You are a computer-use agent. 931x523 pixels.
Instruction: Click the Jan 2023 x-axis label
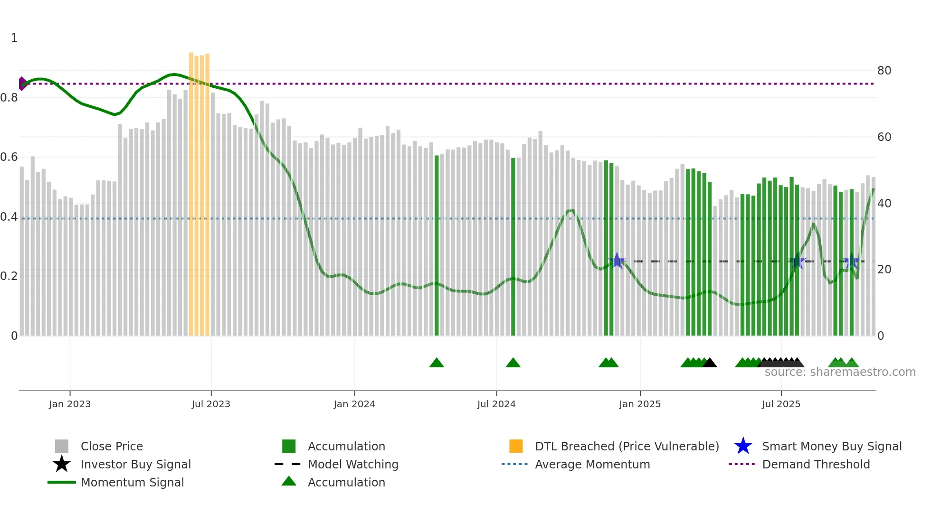(x=70, y=404)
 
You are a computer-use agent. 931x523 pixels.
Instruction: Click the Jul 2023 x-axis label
(x=211, y=404)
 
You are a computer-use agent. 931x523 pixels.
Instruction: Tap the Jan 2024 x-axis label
(x=354, y=404)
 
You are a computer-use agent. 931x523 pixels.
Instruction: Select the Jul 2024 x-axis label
(x=496, y=404)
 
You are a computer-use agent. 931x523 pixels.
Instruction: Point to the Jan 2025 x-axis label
(x=640, y=404)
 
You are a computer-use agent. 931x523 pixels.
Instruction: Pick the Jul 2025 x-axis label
(x=781, y=404)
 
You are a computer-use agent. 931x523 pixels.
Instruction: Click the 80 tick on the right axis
(x=884, y=71)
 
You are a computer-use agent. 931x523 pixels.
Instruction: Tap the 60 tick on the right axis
(x=884, y=137)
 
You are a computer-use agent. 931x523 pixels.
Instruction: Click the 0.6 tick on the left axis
(x=9, y=157)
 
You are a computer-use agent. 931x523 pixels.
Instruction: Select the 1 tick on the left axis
(x=14, y=38)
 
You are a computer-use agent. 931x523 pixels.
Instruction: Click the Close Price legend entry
(x=112, y=446)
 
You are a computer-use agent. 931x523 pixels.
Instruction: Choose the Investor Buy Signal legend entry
(x=135, y=464)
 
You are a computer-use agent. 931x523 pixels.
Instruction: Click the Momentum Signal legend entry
(x=132, y=482)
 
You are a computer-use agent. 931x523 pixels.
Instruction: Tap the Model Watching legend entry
(x=353, y=464)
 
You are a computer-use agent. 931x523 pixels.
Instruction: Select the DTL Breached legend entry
(x=627, y=446)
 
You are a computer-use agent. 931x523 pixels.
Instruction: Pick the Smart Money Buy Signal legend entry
(x=831, y=446)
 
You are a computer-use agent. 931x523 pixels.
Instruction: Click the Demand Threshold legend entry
(x=816, y=464)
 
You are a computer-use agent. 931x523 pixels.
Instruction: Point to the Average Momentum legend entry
(x=592, y=464)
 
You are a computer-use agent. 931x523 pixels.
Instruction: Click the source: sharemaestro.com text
(x=840, y=372)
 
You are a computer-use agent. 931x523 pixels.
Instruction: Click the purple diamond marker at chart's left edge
(x=22, y=84)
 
